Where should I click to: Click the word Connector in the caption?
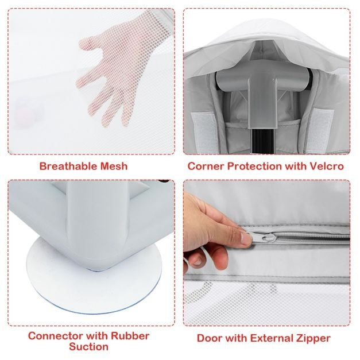pos(56,336)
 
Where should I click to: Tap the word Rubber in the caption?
pos(130,336)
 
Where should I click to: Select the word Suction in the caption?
pos(88,347)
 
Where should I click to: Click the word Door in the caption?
pos(210,338)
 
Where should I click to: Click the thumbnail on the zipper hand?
pos(245,238)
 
